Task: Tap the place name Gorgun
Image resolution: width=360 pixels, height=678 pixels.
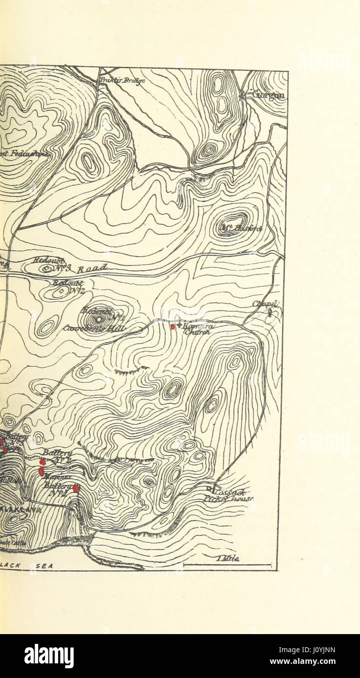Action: tap(268, 95)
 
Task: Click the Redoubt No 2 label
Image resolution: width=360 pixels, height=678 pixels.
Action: tap(68, 287)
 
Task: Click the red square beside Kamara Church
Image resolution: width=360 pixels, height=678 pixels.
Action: tap(172, 326)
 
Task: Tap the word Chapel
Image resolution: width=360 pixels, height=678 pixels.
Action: tap(265, 303)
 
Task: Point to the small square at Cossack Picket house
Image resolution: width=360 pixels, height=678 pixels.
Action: tap(209, 488)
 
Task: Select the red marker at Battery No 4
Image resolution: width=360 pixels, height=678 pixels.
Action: tap(76, 488)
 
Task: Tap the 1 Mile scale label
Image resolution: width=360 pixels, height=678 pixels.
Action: tap(227, 559)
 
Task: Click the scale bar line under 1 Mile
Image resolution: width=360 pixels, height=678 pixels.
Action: tap(227, 565)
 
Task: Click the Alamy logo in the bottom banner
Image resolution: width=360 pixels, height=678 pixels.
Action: tap(49, 656)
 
